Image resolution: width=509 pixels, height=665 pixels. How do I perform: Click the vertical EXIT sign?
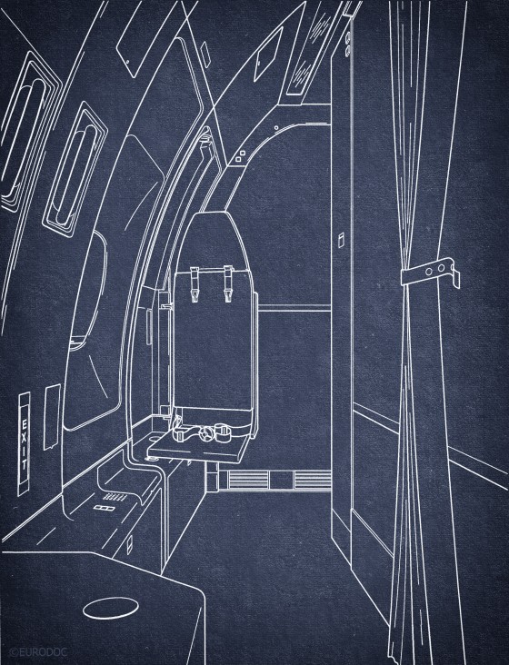24,443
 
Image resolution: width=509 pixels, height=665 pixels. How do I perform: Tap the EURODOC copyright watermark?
37,651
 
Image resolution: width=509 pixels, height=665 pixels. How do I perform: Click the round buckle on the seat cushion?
206,433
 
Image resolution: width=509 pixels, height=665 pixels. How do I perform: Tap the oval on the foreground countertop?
111,608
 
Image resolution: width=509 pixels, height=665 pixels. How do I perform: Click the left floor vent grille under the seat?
248,481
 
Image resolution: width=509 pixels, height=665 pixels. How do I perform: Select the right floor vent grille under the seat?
313,481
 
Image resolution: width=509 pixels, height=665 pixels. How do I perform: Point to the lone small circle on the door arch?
276,127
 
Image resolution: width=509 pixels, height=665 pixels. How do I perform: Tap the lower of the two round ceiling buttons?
348,52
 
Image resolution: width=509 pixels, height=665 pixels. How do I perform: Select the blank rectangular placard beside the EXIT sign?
52,417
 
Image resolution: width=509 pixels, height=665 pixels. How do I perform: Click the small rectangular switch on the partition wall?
340,239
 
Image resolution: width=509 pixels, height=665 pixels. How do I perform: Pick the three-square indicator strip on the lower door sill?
103,508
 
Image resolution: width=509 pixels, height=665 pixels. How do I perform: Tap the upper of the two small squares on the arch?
243,153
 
